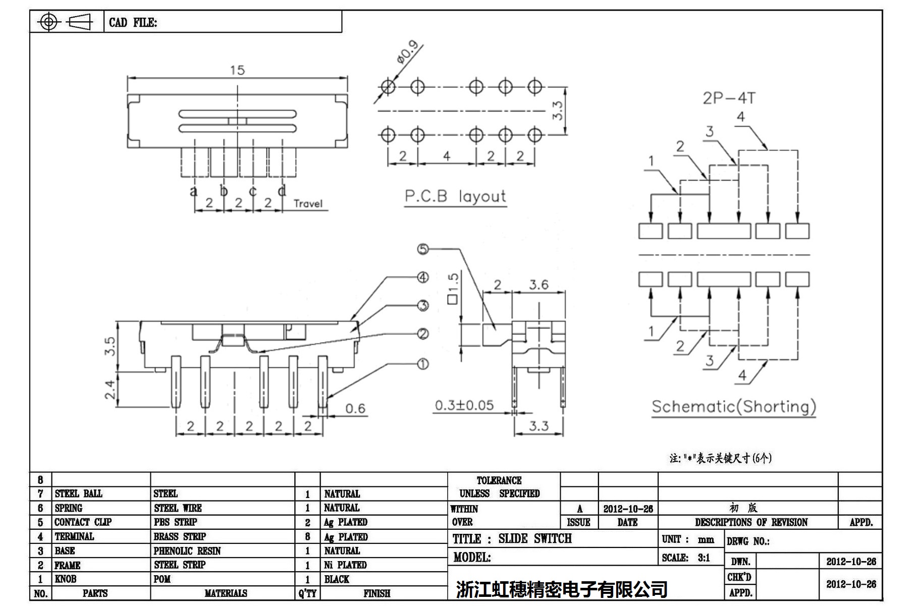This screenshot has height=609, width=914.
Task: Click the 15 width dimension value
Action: point(237,70)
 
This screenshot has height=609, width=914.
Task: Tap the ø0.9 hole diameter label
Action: point(408,52)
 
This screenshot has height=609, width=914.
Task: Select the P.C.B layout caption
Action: point(455,196)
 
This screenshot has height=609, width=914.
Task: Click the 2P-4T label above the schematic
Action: point(729,98)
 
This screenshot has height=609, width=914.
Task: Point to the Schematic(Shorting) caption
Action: point(733,407)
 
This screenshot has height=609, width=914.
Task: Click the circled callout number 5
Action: point(423,249)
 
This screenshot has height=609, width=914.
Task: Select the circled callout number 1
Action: point(423,364)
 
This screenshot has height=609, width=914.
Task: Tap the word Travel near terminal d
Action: point(308,203)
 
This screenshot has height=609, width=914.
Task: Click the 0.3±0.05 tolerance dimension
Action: point(464,405)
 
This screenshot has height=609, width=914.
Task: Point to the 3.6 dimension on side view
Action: point(539,285)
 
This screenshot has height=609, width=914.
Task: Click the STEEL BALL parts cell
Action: point(79,493)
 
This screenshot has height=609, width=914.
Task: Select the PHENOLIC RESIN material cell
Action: point(187,551)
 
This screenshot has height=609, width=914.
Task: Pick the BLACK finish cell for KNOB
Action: point(337,579)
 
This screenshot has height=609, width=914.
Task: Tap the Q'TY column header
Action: point(307,593)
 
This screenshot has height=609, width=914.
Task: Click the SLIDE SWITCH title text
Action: point(535,539)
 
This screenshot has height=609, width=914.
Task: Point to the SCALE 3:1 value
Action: point(704,558)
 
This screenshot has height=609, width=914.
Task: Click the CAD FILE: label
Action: point(133,23)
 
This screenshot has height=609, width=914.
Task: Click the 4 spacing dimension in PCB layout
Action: point(446,156)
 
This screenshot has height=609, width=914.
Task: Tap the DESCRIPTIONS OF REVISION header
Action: point(751,522)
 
